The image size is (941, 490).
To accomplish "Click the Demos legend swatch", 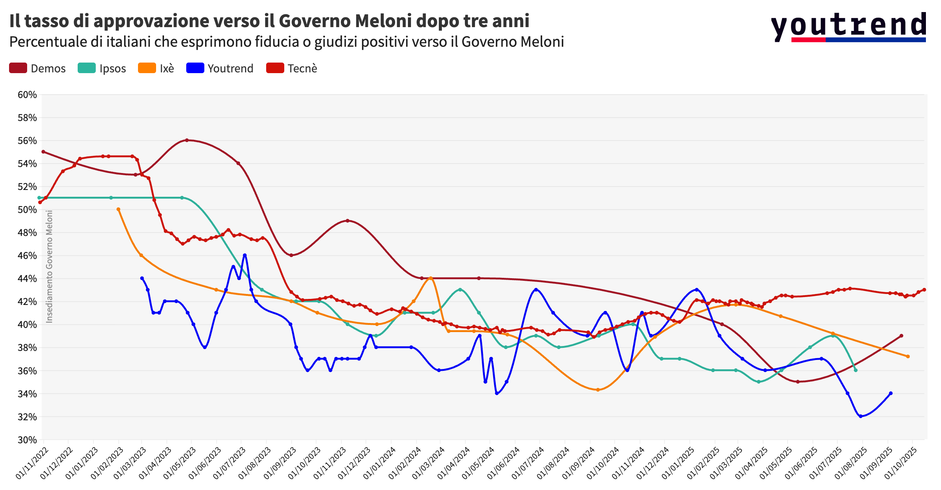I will [x=18, y=68].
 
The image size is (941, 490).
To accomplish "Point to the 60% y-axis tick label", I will [x=27, y=95].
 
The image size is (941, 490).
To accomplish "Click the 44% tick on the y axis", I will [x=27, y=279].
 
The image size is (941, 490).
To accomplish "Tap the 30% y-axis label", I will [x=27, y=440].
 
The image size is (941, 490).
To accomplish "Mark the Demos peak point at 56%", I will [x=187, y=140].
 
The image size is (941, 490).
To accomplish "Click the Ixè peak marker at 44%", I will [x=431, y=278].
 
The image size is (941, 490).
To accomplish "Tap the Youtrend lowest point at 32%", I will [x=860, y=416].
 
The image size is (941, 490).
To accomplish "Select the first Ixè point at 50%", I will [x=118, y=209].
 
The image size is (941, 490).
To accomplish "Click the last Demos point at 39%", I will [x=901, y=335].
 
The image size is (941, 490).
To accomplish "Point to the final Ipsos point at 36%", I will [x=855, y=370].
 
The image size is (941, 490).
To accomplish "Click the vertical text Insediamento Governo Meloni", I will [x=49, y=266].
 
